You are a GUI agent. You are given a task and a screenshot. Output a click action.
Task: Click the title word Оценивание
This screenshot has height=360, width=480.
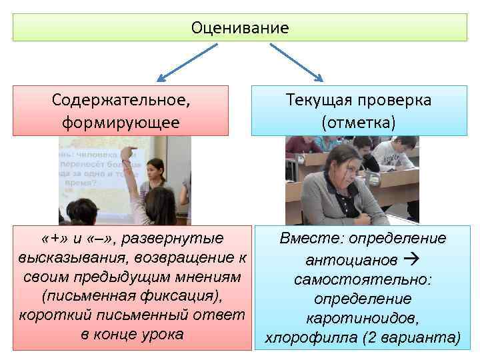(240, 28)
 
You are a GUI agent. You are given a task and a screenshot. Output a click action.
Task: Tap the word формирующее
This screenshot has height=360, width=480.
(120, 123)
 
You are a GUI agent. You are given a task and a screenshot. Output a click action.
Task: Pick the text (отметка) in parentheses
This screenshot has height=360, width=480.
(358, 123)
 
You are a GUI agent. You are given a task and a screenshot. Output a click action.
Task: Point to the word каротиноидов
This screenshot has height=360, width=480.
(363, 319)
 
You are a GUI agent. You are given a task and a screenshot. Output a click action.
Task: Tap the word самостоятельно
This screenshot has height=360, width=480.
(363, 279)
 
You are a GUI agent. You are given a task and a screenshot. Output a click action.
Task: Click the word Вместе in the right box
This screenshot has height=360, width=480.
(309, 239)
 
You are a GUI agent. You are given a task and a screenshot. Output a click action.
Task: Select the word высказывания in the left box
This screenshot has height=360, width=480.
(64, 257)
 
